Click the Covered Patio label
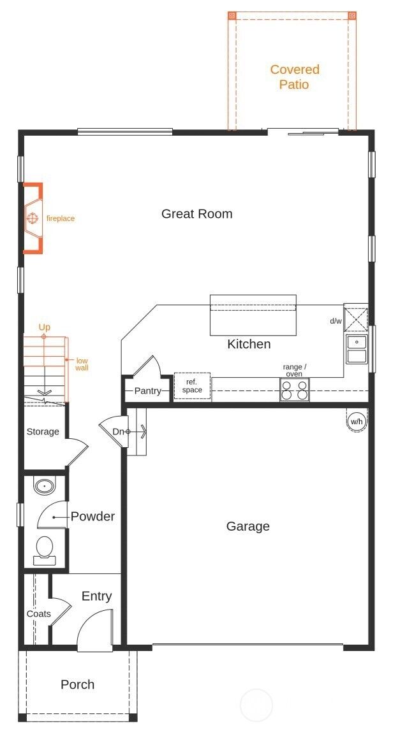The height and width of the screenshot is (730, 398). pos(295,77)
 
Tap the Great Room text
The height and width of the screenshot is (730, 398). pos(196,213)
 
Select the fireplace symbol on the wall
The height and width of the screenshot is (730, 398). pos(33,218)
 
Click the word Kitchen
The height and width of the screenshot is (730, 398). pos(249,344)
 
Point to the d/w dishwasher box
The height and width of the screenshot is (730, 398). pos(356,317)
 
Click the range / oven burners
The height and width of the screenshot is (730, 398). pos(295,389)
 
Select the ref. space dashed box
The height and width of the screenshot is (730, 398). pos(192,386)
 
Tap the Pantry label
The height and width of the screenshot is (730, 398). pos(148,391)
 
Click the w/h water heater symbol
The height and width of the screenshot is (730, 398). pos(357,421)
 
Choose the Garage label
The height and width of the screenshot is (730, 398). pos(248,526)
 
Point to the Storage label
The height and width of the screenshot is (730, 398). pos(43,432)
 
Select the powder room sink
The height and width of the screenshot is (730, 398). pos(44,486)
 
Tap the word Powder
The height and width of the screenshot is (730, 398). pos(92,517)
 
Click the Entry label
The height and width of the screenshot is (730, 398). pos(96,596)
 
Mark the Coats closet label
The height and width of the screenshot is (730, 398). pos(39,613)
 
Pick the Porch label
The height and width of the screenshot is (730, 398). pos(77,684)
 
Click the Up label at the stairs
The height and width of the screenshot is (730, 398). pos(44,327)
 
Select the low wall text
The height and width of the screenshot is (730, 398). pos(82,364)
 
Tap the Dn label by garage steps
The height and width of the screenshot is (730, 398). pos(119,432)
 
